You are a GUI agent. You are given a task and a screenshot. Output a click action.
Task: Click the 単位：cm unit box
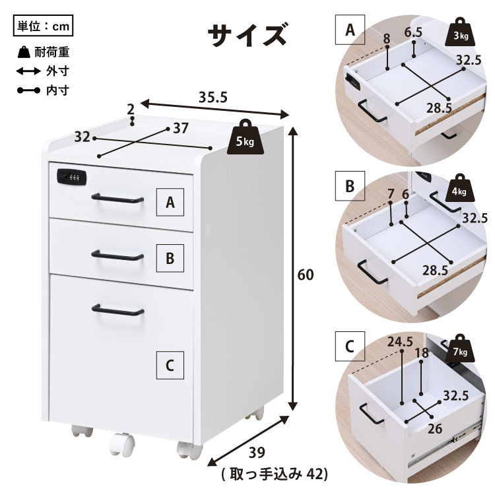click(x=44, y=26)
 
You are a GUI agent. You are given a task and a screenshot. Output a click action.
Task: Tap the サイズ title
click(x=247, y=35)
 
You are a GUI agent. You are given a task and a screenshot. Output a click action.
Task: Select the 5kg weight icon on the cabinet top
click(x=246, y=137)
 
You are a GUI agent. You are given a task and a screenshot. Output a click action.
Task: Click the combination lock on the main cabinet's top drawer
click(x=72, y=177)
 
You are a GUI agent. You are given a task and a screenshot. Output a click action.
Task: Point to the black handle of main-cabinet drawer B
click(x=117, y=255)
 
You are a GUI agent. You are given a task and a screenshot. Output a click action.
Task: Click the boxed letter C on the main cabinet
click(x=170, y=365)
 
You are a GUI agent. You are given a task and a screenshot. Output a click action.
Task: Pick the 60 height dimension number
click(x=306, y=275)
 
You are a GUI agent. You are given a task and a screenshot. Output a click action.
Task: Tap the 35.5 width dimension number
click(x=213, y=97)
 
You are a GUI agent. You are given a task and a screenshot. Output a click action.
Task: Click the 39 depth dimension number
click(x=257, y=453)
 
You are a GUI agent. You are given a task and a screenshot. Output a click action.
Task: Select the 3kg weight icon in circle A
click(x=461, y=32)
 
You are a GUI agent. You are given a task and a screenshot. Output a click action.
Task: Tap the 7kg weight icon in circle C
click(x=461, y=348)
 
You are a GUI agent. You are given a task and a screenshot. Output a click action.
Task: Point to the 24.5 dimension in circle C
click(x=400, y=342)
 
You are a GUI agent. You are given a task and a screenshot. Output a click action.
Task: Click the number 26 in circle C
click(x=435, y=429)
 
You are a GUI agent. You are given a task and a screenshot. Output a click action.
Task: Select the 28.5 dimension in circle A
click(x=439, y=108)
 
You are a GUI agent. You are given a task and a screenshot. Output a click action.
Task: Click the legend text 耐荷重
click(x=51, y=52)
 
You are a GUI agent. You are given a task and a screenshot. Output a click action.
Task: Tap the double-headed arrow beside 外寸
click(x=28, y=71)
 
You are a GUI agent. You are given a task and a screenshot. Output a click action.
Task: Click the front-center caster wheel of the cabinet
click(x=122, y=444)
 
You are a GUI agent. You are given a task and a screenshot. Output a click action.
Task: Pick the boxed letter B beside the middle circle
click(x=350, y=186)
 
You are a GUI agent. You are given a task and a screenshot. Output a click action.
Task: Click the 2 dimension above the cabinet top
click(x=131, y=110)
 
